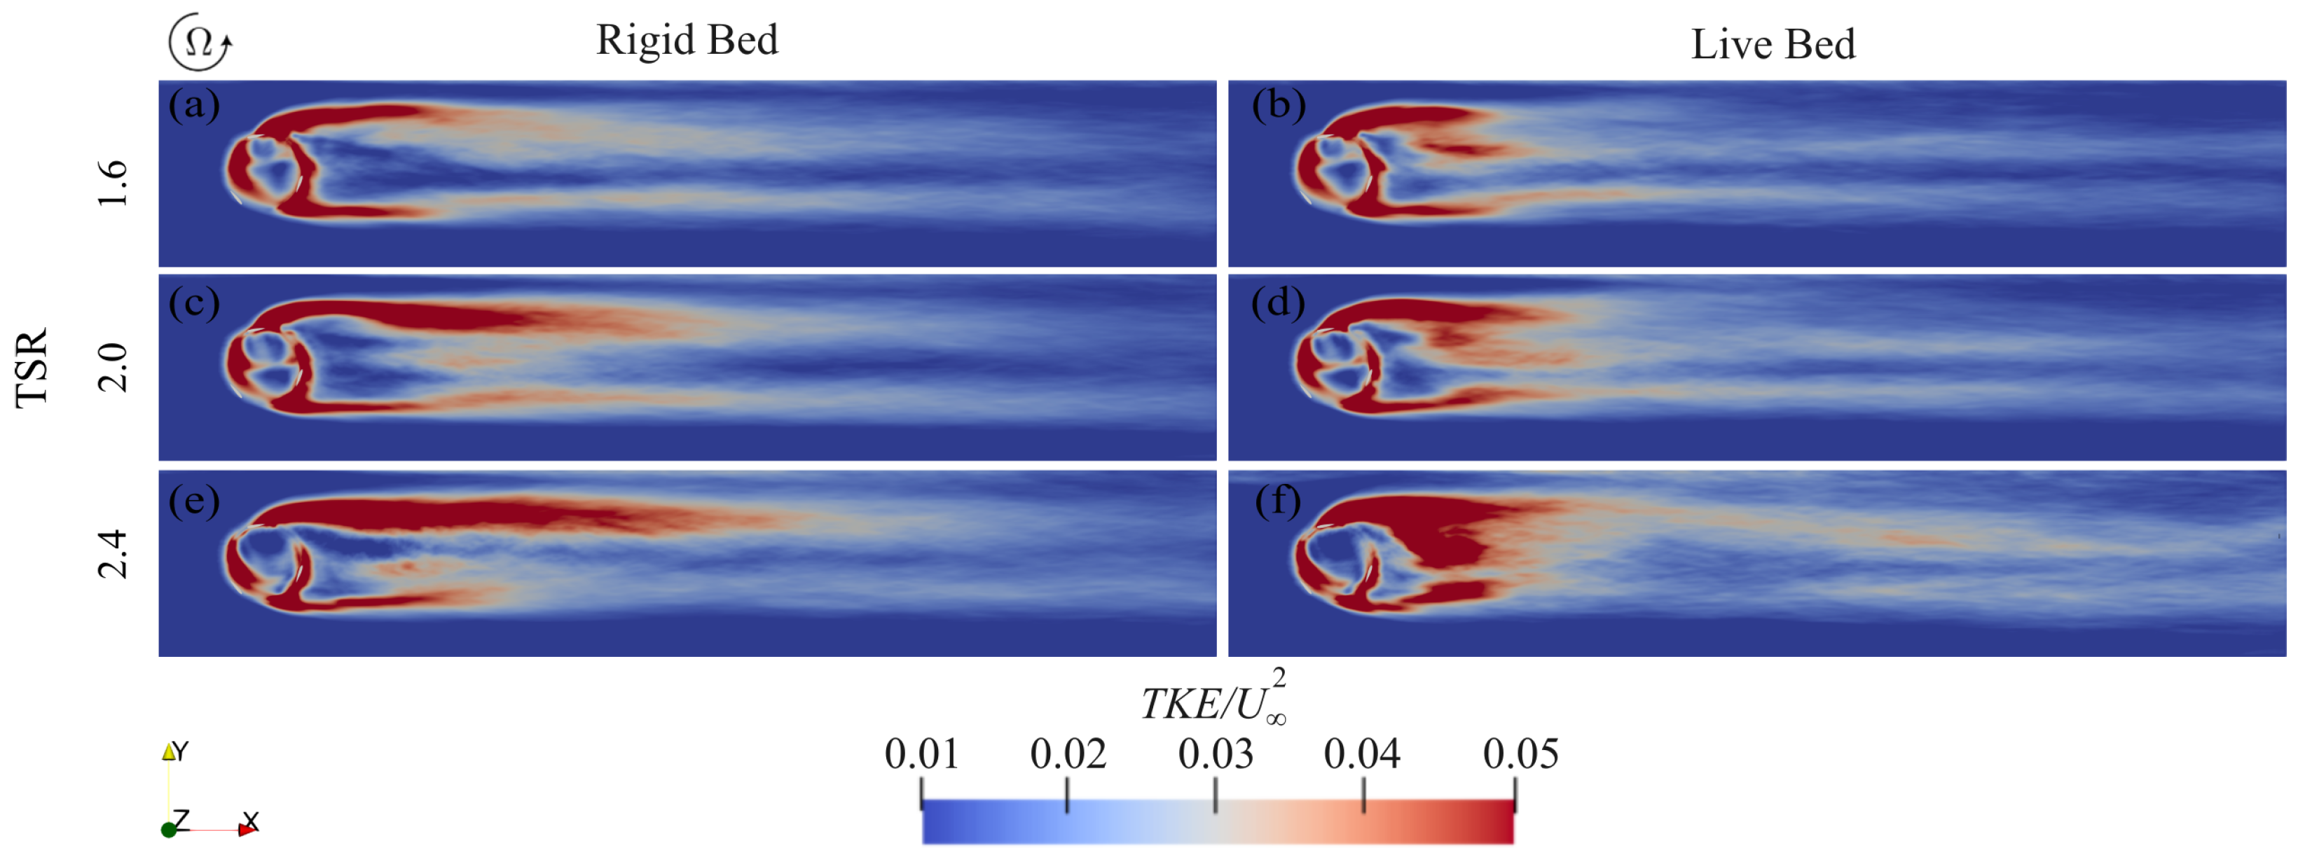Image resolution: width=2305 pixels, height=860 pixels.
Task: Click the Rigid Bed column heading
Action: coord(687,41)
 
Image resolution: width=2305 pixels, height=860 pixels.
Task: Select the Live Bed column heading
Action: coord(1773,45)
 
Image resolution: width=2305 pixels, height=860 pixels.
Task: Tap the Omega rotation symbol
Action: coord(200,41)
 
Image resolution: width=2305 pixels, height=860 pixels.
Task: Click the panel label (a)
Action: coord(193,106)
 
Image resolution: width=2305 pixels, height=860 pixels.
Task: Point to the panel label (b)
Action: coord(1278,106)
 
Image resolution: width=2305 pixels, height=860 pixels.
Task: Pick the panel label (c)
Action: coord(193,303)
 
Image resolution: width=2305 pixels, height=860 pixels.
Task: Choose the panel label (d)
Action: coord(1278,303)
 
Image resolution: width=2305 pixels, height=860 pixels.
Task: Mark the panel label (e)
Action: coord(193,501)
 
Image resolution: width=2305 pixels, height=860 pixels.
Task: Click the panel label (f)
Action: coord(1278,501)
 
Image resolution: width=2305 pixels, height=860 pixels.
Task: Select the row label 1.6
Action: coord(113,183)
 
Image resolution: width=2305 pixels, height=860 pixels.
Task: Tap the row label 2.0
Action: coord(113,368)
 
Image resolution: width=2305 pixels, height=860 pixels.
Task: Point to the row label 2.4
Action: coord(113,555)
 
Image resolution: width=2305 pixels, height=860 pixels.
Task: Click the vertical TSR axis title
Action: coord(32,368)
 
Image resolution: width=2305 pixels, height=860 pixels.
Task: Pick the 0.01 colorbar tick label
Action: coord(921,754)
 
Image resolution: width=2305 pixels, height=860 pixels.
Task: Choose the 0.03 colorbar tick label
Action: coord(1215,754)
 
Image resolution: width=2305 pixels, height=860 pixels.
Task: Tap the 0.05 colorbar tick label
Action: coord(1520,754)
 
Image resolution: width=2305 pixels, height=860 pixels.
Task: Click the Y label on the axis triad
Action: coord(181,751)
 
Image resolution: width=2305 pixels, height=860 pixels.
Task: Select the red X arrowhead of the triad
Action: coord(246,831)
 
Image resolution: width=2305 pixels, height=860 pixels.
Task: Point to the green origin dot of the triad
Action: coord(168,831)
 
